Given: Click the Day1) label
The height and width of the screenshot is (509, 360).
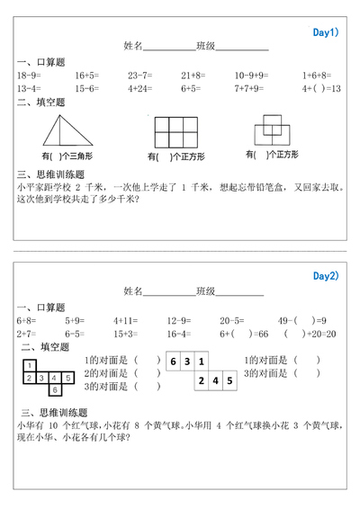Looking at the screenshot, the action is click(x=324, y=32).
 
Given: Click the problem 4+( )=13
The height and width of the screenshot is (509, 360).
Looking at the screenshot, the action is click(x=321, y=89).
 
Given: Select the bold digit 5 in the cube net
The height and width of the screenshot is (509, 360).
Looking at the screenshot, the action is click(x=229, y=381).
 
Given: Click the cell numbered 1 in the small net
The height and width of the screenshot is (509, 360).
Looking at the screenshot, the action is click(x=30, y=365).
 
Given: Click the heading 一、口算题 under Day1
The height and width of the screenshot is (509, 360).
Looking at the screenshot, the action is click(x=40, y=62).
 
